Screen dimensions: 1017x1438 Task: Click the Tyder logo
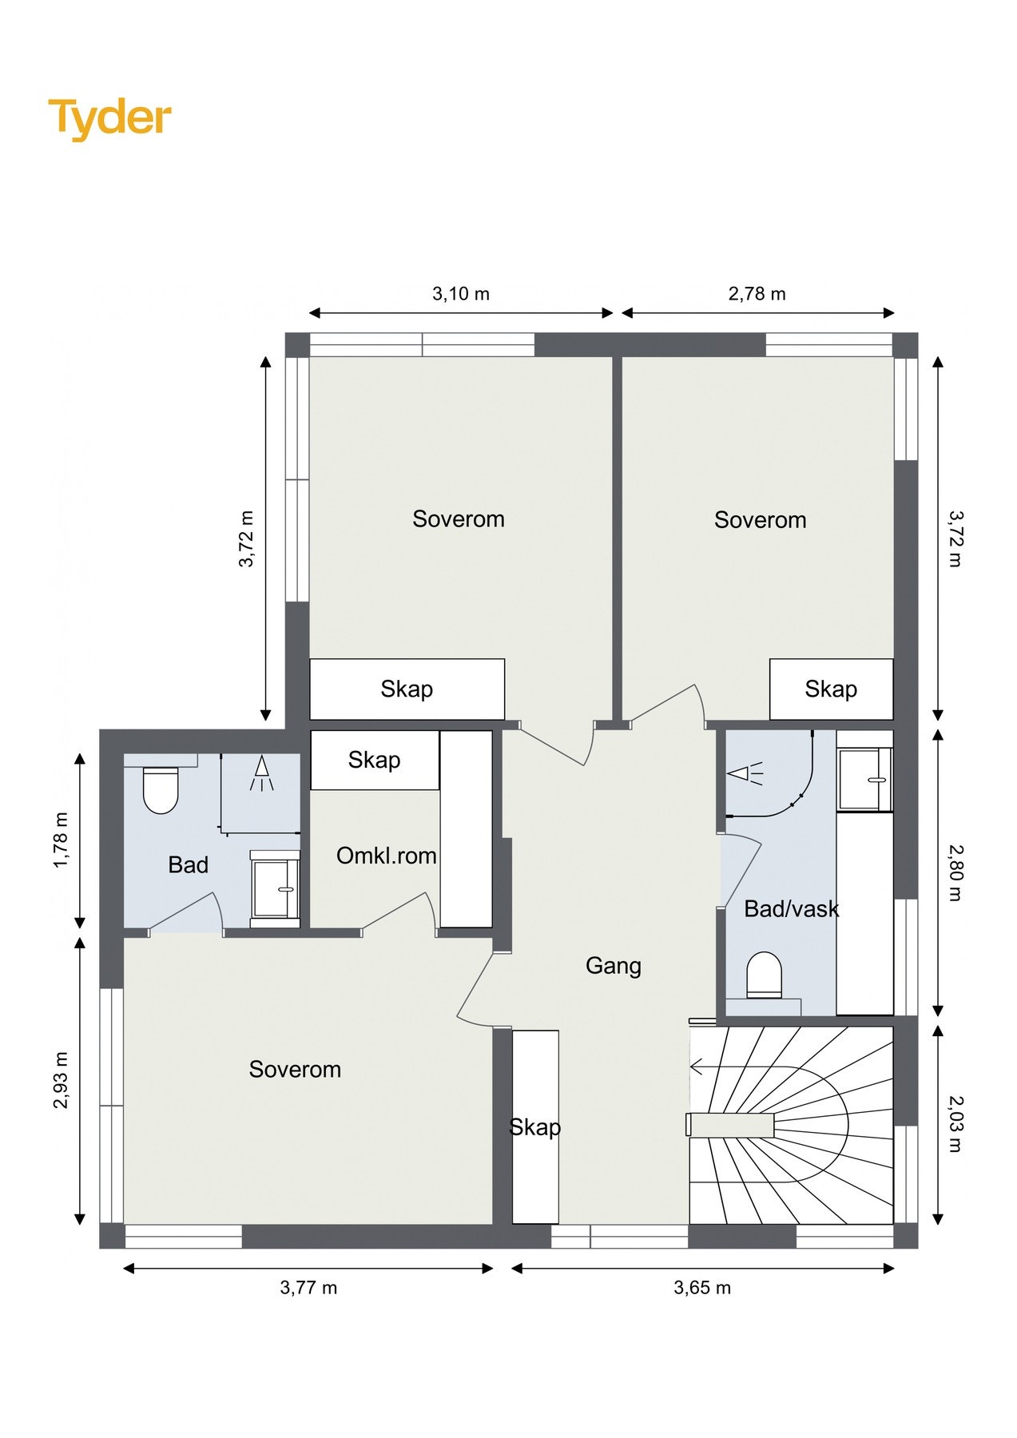click(x=110, y=118)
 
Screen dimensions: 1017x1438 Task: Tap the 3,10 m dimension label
click(x=461, y=294)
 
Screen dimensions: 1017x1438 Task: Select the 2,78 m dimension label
click(x=757, y=294)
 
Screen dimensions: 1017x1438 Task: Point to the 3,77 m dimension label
click(x=308, y=1288)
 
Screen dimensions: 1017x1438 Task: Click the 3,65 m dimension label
click(x=702, y=1288)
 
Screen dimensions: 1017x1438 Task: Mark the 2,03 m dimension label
click(x=955, y=1124)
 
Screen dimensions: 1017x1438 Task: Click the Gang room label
click(x=614, y=966)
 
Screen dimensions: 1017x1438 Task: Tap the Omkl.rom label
click(x=387, y=856)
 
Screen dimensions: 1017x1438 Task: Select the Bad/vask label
click(x=792, y=908)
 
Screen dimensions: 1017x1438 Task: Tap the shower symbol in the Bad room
click(x=262, y=773)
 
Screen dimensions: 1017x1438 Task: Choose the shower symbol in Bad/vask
click(x=745, y=773)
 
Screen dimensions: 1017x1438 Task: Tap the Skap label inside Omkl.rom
click(x=374, y=760)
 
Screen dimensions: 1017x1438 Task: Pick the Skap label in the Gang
click(x=535, y=1127)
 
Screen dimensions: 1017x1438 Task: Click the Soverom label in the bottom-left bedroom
click(x=295, y=1069)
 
